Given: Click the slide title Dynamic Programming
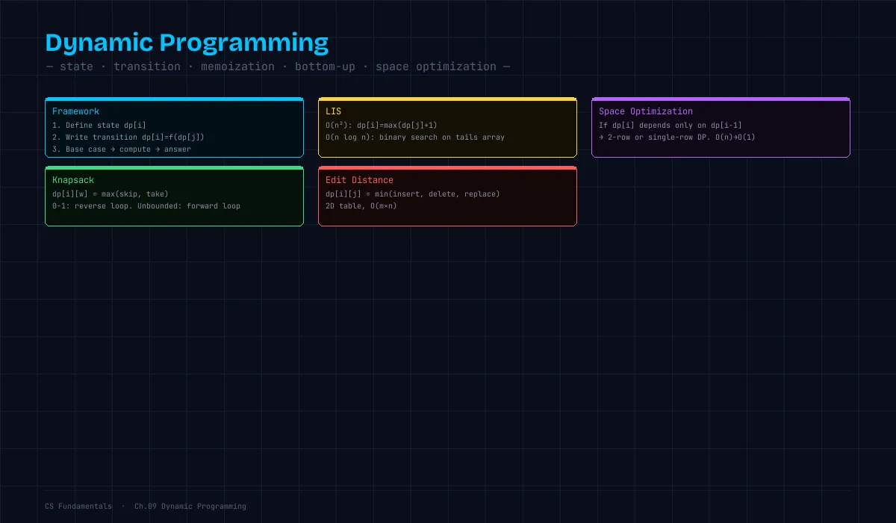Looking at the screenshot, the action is pos(187,43).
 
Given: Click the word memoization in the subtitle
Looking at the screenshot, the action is pos(237,66).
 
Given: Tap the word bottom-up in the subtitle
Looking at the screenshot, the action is pos(325,66).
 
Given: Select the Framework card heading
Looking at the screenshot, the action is pos(75,111).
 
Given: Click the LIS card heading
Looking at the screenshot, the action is pos(333,111).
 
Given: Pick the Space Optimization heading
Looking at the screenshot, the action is pos(646,111).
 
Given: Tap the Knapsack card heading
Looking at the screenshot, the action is pos(73,180).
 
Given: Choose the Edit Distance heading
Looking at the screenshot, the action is pos(359,180).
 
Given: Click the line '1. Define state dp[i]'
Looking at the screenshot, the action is pos(99,126).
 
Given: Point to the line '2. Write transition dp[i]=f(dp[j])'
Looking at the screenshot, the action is pos(128,137).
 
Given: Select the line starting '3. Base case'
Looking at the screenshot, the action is pos(122,149).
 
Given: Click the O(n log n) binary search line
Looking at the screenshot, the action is pos(415,137).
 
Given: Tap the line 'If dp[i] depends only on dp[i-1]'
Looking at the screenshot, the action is pos(670,126).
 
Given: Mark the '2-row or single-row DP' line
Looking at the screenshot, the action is pos(676,137).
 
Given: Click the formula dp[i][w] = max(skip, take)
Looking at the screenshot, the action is pos(110,194).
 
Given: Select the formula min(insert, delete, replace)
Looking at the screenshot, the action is pos(438,194).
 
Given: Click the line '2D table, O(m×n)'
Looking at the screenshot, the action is pos(361,206).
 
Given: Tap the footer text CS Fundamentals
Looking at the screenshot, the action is pos(78,507).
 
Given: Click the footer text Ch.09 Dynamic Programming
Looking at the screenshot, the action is pos(190,507).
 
